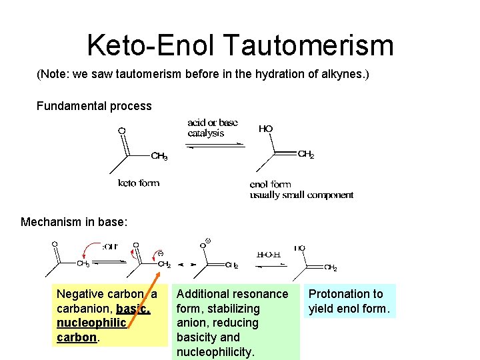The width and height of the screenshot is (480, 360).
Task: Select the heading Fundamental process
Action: click(x=94, y=106)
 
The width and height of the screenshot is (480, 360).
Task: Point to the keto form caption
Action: click(x=139, y=183)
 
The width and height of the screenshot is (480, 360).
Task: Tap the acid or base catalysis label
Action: click(x=213, y=127)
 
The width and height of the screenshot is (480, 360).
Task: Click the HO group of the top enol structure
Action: click(x=265, y=128)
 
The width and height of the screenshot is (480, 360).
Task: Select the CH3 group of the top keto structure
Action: click(x=159, y=157)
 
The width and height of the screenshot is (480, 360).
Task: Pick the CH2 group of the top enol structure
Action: click(x=306, y=155)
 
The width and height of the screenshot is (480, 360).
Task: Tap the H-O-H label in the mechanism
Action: click(x=269, y=254)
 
